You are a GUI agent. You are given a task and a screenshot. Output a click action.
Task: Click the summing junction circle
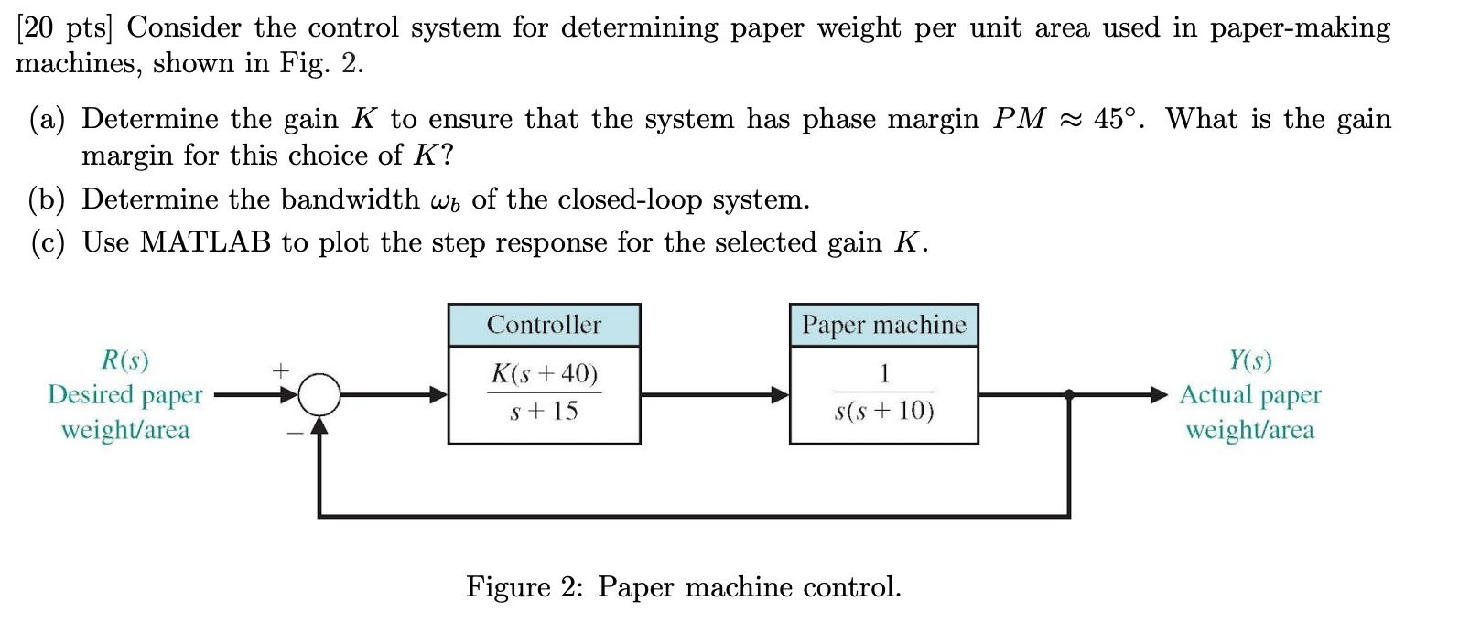point(319,395)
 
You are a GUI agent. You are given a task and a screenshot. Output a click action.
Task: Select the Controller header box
point(544,325)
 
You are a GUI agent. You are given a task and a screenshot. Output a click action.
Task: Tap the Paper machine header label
point(883,325)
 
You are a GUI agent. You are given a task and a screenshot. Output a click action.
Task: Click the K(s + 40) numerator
point(544,373)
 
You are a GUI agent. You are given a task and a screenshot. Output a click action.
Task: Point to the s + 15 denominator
point(544,412)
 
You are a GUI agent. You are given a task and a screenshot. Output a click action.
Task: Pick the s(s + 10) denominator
point(883,412)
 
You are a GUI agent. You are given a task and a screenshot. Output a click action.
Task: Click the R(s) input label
point(124,360)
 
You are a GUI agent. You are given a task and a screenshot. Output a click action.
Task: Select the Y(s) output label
point(1249,360)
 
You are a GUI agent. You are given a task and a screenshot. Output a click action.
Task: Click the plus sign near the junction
point(280,370)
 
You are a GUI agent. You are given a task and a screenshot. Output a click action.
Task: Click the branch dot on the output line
point(1069,395)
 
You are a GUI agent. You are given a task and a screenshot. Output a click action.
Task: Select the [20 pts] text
point(63,27)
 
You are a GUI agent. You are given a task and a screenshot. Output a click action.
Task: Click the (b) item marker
point(47,199)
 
